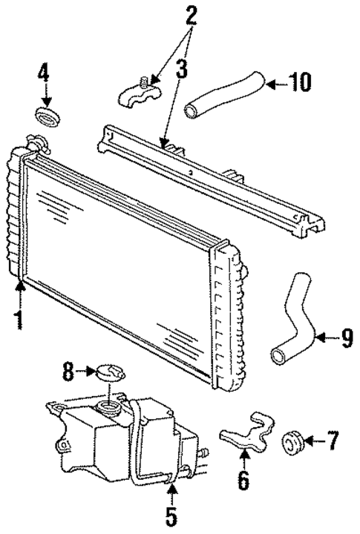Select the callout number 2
(192, 16)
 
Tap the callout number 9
(347, 340)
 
